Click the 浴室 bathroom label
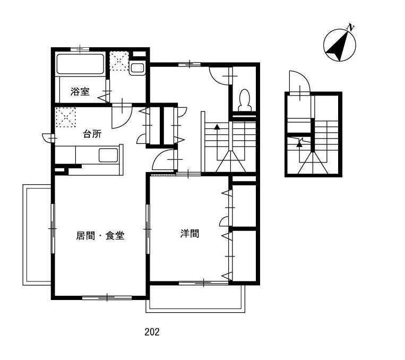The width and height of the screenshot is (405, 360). point(80,92)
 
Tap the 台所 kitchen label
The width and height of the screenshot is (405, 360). point(92,134)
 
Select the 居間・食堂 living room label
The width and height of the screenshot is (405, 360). point(100,235)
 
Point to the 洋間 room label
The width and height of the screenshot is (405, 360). point(189,233)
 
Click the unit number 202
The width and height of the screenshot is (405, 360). point(152,332)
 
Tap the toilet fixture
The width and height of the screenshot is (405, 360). point(244,100)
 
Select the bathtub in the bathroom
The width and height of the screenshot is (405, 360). point(80,64)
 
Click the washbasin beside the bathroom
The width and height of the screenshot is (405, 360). point(137,68)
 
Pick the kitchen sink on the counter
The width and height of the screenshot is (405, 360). point(108,155)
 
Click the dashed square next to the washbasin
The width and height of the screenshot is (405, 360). point(119,61)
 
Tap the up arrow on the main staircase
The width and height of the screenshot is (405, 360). point(217,126)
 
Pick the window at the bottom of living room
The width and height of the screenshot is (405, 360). point(107,297)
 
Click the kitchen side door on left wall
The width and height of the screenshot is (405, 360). point(49,138)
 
